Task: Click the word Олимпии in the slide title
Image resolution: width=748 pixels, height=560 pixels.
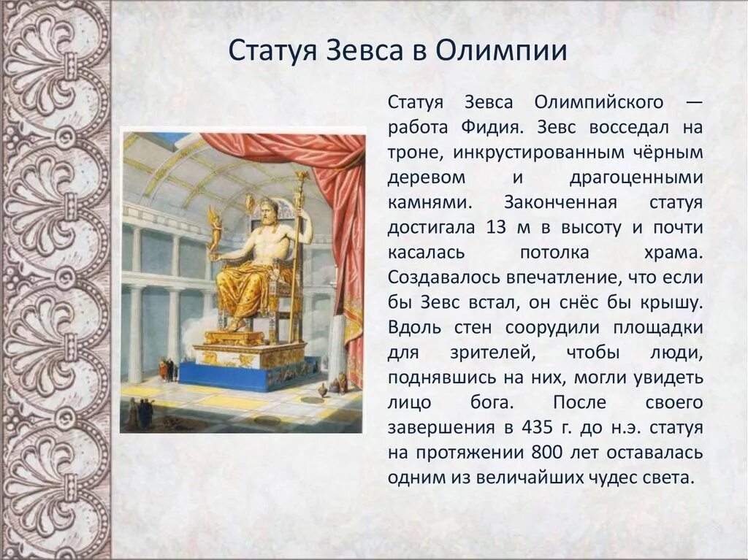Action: [x=502, y=51]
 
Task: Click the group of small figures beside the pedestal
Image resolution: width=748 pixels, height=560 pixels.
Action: [x=167, y=369]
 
